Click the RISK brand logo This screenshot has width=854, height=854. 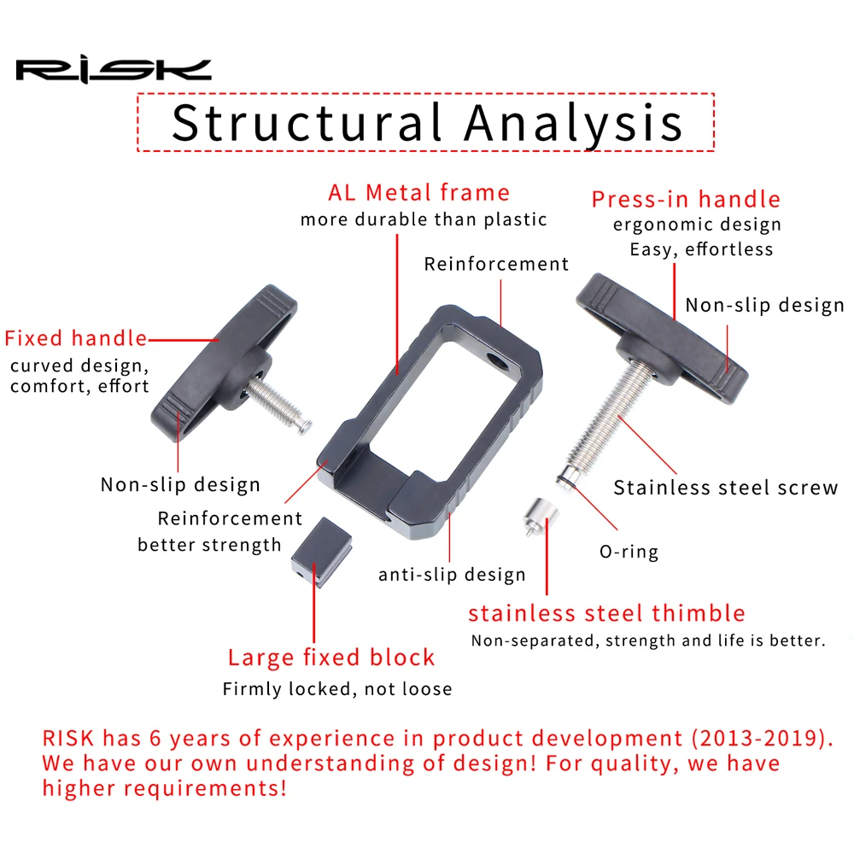click(x=113, y=69)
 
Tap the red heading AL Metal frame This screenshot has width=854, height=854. click(x=418, y=192)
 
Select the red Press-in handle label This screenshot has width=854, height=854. click(x=686, y=200)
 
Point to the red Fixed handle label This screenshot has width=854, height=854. click(x=75, y=338)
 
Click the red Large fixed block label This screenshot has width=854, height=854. click(x=331, y=658)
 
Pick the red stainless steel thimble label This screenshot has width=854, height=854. click(x=606, y=613)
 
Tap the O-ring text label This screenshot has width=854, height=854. click(x=629, y=552)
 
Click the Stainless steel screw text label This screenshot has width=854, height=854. click(x=726, y=488)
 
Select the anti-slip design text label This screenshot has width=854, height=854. click(x=452, y=574)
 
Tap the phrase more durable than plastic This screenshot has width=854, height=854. click(x=423, y=219)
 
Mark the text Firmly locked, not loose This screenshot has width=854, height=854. click(x=337, y=688)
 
